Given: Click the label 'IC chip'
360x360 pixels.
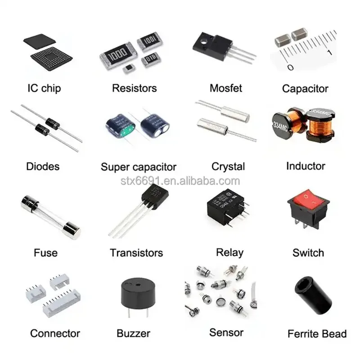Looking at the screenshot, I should pos(44,88).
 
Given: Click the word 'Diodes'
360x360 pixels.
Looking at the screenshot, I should pos(43,166).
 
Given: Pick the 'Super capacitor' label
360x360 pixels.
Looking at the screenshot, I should pos(138,167).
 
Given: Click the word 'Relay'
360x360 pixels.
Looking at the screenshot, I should pos(229,252).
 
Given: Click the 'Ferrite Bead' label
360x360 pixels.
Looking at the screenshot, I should pos(317,334).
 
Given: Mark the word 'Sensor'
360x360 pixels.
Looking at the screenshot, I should pos(226,333).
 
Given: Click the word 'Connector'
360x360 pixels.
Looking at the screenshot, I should pos(55,333).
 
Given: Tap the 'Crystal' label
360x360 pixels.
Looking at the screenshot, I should pos(228,166).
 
